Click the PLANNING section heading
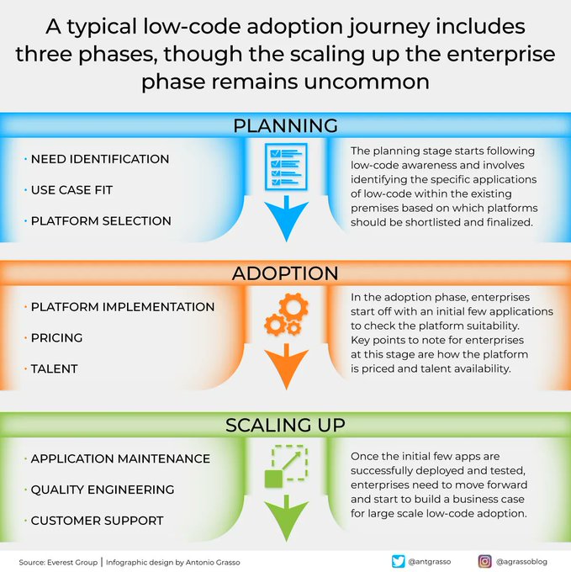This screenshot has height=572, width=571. coord(285,125)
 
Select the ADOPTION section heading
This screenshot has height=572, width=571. coord(285,273)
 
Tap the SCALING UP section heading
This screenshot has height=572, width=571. coord(285,425)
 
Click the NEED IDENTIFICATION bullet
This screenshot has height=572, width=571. coord(99,159)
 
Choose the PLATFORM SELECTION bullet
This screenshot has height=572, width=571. coord(100,220)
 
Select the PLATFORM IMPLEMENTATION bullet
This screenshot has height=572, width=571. coord(122,307)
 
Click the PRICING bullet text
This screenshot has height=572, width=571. coord(56,337)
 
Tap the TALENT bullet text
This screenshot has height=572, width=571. coord(55,368)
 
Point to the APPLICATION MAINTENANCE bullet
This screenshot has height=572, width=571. coord(120,458)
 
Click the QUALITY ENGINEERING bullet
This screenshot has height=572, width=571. coord(102,490)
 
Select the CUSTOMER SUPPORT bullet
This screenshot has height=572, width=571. coord(97,521)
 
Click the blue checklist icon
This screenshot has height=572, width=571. coord(284,165)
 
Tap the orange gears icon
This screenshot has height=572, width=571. coord(284,315)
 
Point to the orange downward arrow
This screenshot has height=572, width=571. coord(285,367)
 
